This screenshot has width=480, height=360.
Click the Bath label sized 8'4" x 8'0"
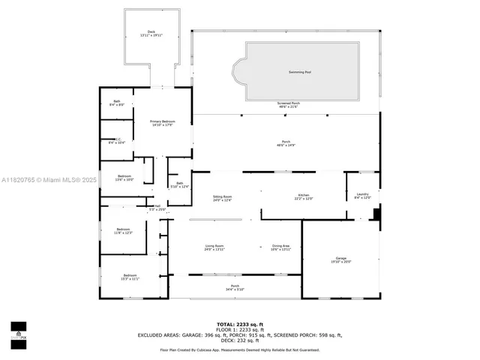coord(116,103)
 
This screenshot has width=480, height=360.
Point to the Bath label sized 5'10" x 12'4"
coord(179,184)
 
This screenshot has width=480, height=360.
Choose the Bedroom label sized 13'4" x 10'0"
coord(124,177)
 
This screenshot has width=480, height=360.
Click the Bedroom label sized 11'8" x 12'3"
coord(124,231)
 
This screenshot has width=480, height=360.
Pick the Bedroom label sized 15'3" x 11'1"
coord(130,277)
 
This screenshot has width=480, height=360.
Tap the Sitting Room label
coord(222,198)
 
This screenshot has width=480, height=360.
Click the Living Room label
coord(214,247)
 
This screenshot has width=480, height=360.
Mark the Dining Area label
coord(280,247)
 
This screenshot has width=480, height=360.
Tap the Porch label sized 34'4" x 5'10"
coord(235,287)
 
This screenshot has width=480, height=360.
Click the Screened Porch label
coord(289,105)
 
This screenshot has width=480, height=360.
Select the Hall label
coord(157,208)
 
